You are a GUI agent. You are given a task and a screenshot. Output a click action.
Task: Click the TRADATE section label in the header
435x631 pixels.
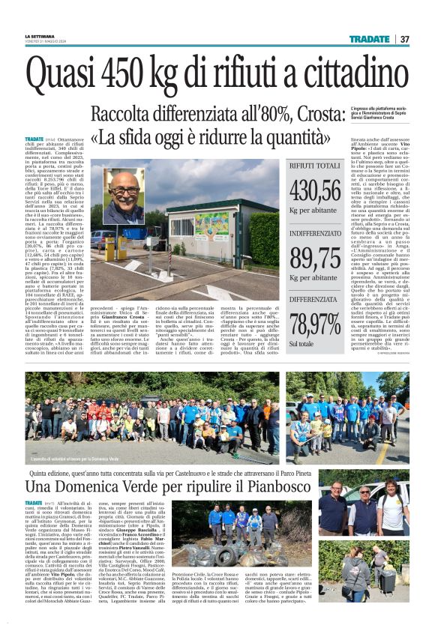(370, 39)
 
